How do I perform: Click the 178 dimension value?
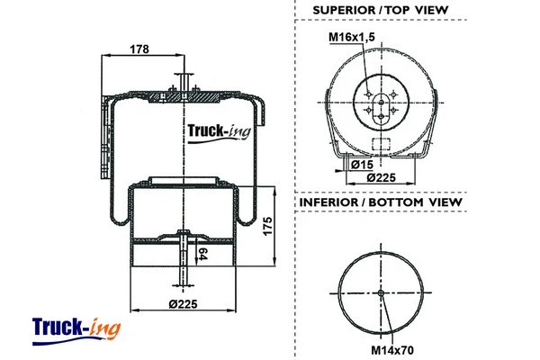pyautogui.click(x=139, y=50)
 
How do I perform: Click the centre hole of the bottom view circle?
pyautogui.click(x=381, y=294)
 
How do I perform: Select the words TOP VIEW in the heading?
pyautogui.click(x=417, y=10)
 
